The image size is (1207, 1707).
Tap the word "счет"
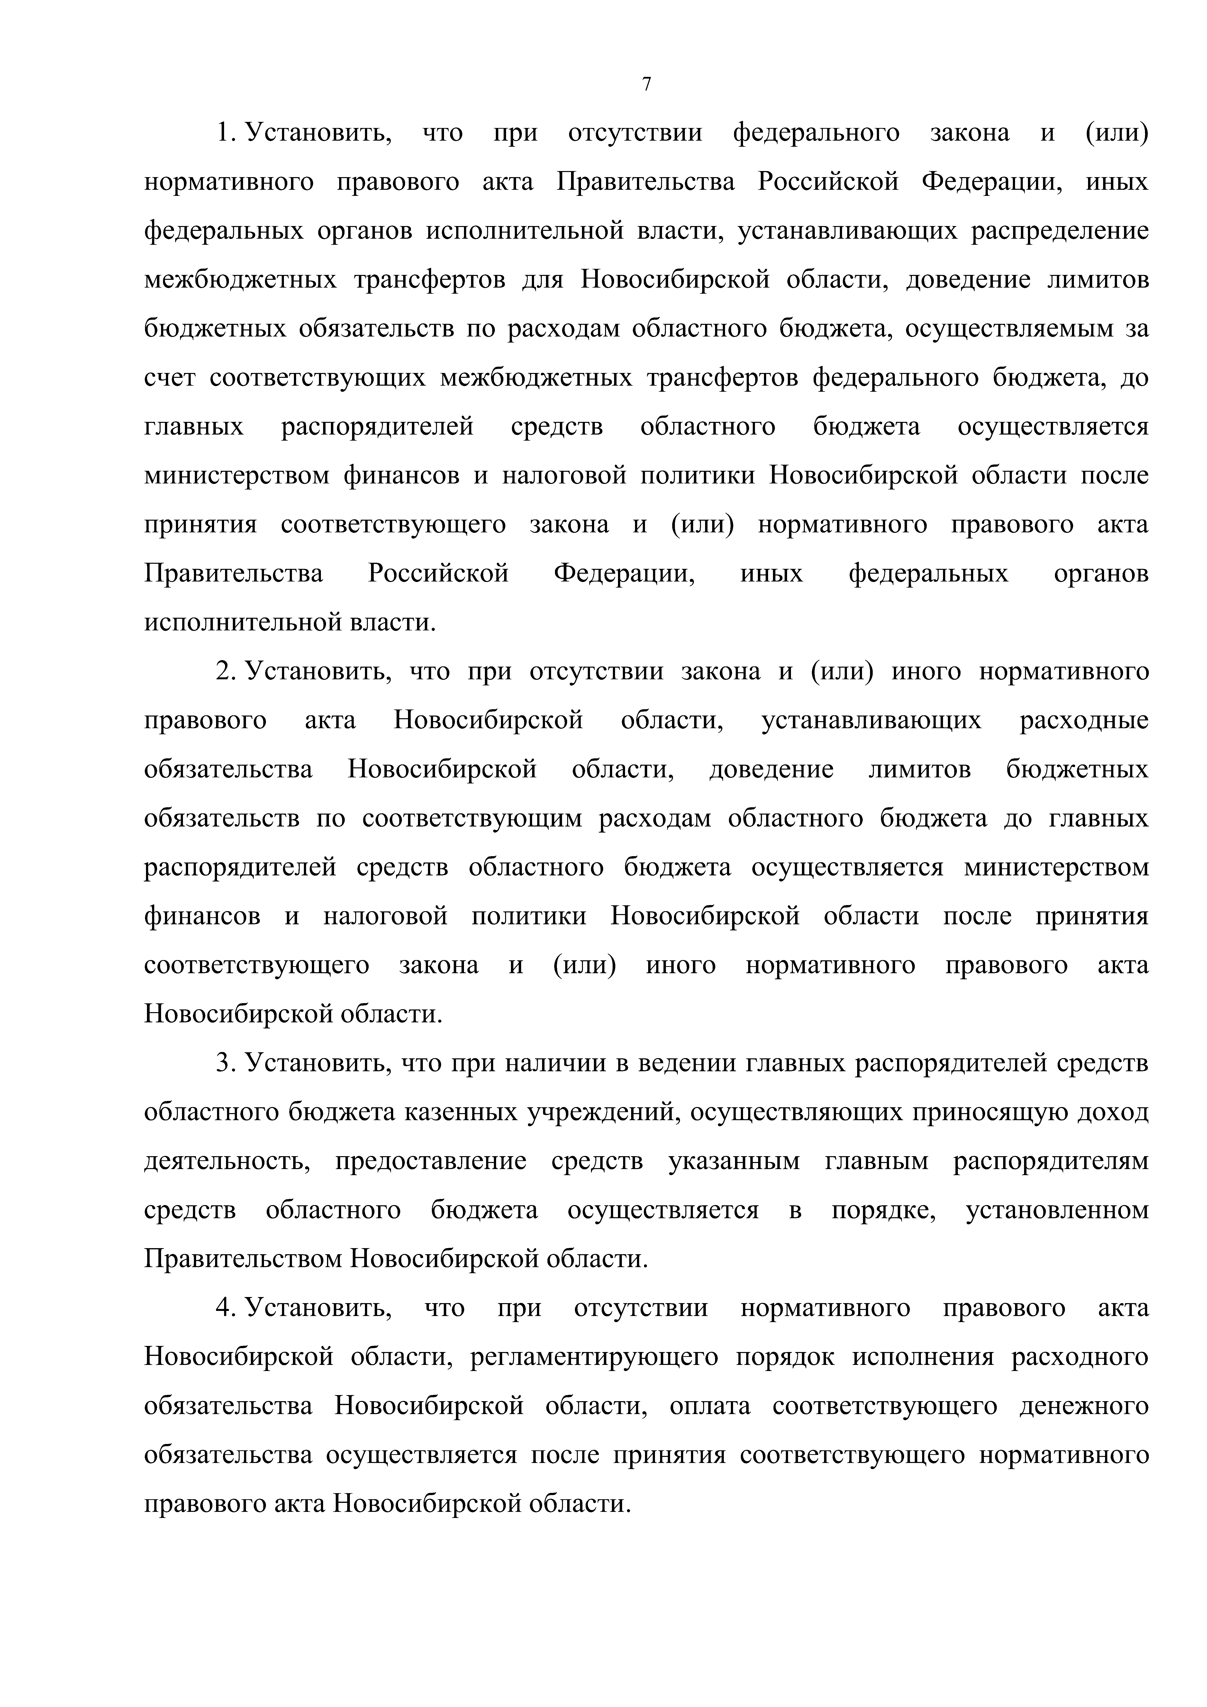(170, 378)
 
